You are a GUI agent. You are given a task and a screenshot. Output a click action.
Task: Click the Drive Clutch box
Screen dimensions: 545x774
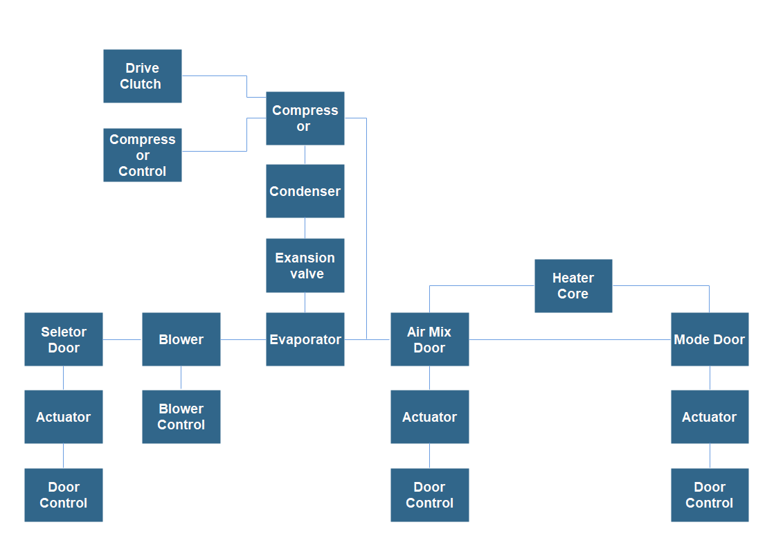tap(142, 76)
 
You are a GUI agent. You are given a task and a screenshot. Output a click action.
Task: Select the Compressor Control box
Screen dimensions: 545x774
tap(142, 155)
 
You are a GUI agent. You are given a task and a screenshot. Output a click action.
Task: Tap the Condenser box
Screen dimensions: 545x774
tap(305, 191)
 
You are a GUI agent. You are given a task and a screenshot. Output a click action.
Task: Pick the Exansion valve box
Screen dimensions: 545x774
tap(305, 265)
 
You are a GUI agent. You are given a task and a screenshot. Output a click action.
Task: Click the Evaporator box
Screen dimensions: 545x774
tap(305, 339)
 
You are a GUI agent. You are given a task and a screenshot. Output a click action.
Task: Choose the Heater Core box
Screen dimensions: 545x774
tap(573, 286)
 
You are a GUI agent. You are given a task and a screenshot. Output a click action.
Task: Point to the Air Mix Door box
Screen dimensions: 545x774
tap(429, 339)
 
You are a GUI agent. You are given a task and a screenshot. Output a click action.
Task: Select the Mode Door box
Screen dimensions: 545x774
tap(709, 339)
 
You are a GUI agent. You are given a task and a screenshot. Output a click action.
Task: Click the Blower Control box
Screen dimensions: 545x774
tap(181, 417)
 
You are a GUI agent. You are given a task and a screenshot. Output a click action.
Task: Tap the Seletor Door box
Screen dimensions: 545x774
tap(64, 339)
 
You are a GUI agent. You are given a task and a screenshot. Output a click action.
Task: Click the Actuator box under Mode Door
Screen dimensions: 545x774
tap(709, 417)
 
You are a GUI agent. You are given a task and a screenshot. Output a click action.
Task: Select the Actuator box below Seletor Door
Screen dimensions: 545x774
tap(64, 417)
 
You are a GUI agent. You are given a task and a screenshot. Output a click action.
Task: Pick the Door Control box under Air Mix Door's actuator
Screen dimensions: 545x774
tap(429, 495)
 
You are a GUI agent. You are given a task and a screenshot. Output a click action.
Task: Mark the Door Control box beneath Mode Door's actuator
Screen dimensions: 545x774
tap(709, 495)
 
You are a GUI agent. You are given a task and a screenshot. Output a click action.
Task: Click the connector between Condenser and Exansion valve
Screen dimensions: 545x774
tap(305, 229)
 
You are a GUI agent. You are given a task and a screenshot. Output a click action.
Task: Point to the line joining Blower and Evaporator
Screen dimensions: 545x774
tap(243, 339)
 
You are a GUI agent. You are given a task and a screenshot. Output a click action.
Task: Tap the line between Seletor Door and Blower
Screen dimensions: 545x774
tap(123, 339)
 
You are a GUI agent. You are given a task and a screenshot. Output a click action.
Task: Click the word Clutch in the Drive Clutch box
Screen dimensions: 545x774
tap(141, 84)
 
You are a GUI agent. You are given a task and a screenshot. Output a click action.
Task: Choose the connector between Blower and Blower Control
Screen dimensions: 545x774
tap(181, 378)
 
